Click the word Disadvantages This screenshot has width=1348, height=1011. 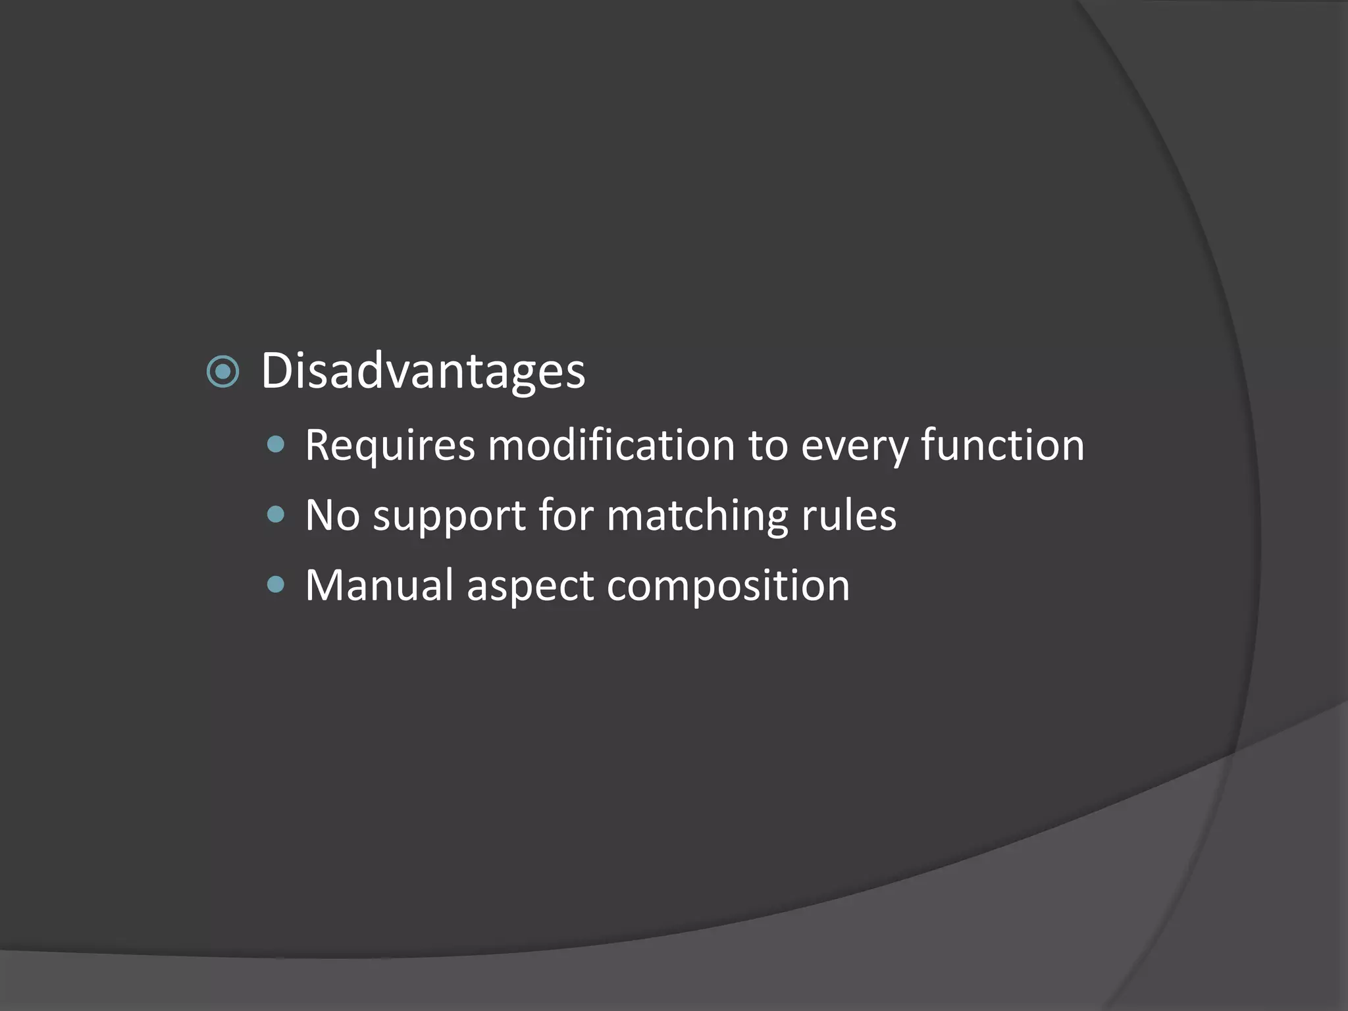(x=423, y=371)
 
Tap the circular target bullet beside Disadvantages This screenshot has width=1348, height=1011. (x=222, y=372)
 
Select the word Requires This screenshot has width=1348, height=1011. (x=390, y=446)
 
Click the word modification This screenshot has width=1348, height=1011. (x=611, y=446)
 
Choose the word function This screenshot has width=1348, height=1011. (x=1002, y=446)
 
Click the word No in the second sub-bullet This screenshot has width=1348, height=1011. (x=332, y=515)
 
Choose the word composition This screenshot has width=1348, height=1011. (x=728, y=586)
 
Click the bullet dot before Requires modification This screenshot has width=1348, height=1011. (x=276, y=445)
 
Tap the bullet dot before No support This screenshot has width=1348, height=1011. (x=276, y=514)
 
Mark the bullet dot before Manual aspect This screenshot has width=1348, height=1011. (x=276, y=584)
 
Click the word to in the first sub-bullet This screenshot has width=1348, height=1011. (x=767, y=446)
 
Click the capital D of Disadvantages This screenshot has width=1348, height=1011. (x=276, y=371)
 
